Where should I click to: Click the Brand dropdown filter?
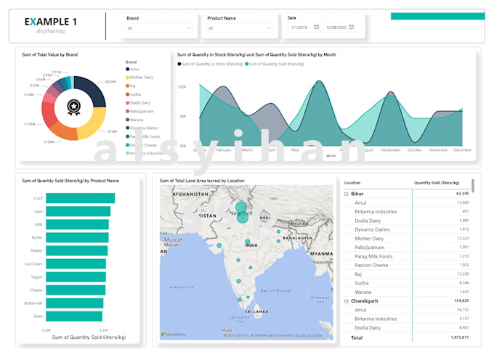coord(159,28)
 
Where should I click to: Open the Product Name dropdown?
coord(239,28)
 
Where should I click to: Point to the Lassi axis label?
coord(39,211)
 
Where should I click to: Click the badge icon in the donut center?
coord(74,107)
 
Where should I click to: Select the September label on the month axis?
coord(390,150)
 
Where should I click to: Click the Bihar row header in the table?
coord(357,194)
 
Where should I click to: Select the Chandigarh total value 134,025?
coord(459,300)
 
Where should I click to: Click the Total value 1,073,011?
coord(459,337)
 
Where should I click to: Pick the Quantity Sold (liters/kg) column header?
coord(437,182)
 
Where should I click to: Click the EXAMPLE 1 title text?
coord(51,22)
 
